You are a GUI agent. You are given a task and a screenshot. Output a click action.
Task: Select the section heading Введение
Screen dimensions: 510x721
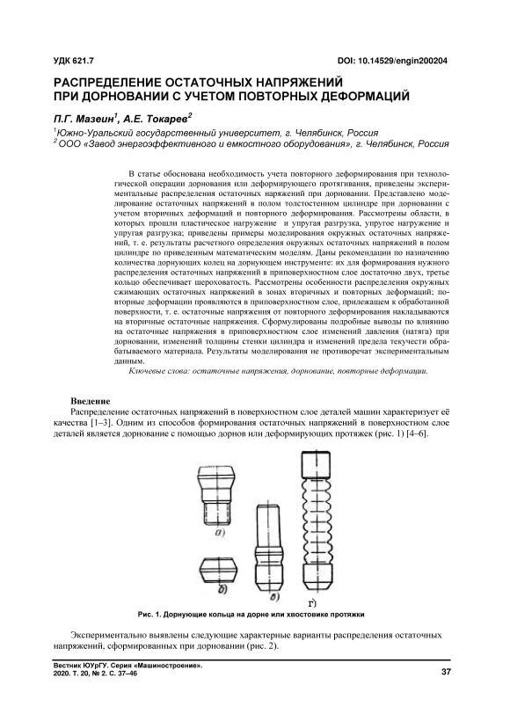click(x=91, y=400)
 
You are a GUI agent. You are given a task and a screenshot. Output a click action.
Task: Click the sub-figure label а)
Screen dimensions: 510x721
click(x=218, y=534)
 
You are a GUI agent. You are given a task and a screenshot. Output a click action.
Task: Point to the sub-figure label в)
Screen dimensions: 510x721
click(x=276, y=598)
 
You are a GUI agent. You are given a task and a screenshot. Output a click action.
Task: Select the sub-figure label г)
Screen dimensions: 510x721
click(x=313, y=602)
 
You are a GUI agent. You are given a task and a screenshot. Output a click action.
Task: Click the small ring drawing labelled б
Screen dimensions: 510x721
click(x=220, y=570)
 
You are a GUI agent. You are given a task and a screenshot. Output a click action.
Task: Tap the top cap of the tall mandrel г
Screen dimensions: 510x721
click(x=316, y=465)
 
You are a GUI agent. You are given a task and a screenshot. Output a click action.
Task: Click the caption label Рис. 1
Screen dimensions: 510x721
click(x=149, y=615)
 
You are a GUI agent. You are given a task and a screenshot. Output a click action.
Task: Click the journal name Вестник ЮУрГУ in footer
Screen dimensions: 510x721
click(x=76, y=666)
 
